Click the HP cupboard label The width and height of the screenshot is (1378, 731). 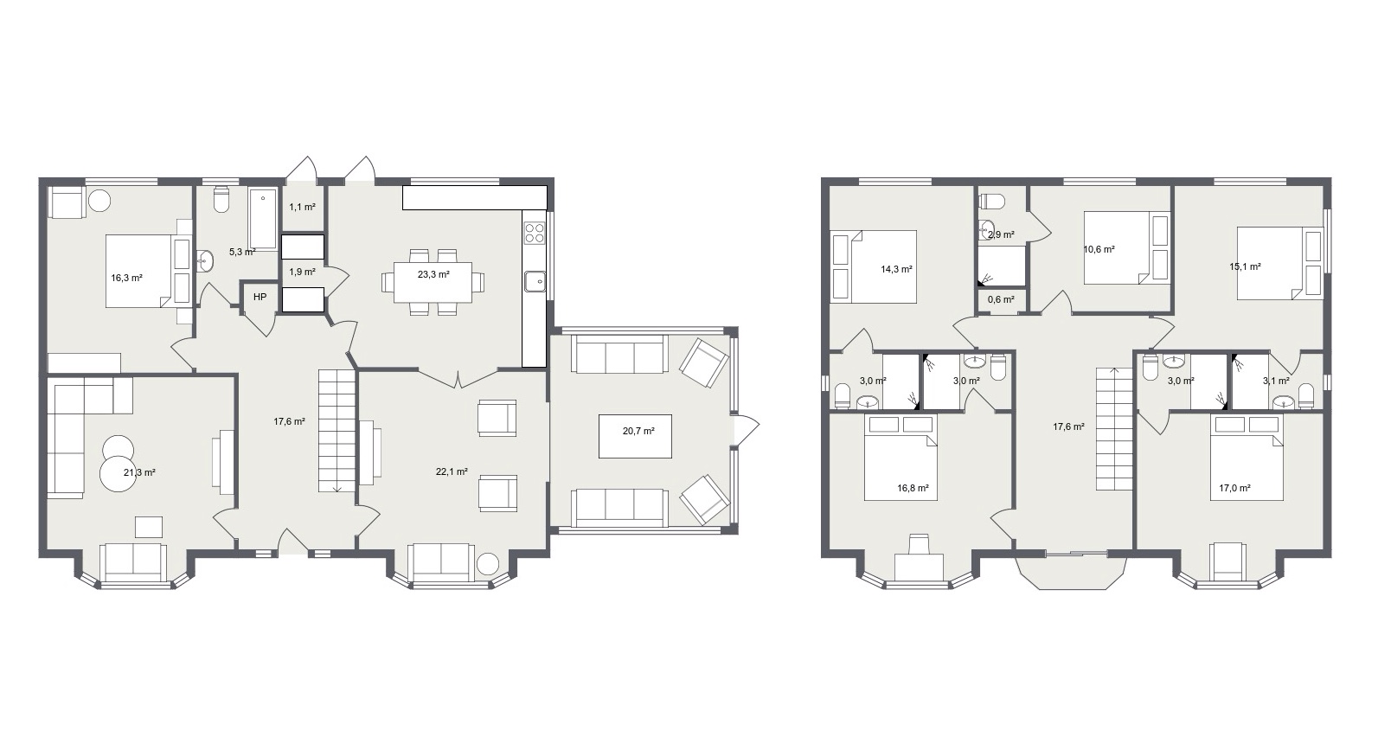point(260,298)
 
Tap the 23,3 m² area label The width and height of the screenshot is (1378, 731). point(433,274)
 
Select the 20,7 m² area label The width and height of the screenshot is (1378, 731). point(638,432)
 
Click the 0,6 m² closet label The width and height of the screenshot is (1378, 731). point(1001,300)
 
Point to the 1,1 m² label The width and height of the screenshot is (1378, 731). point(303,208)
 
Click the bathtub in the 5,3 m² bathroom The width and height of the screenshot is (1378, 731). point(263,219)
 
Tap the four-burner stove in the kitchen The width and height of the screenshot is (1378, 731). point(534,233)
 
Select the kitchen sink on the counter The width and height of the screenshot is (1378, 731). point(535,281)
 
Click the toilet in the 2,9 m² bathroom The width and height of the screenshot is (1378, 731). point(991,202)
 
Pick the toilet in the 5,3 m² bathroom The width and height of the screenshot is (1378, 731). point(221,199)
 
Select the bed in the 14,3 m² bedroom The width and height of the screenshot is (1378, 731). point(874,266)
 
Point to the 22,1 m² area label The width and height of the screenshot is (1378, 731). point(452,472)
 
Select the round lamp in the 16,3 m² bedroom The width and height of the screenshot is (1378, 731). point(99,200)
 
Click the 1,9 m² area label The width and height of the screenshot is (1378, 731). point(303,272)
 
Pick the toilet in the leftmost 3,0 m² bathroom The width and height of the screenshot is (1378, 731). point(843,395)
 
